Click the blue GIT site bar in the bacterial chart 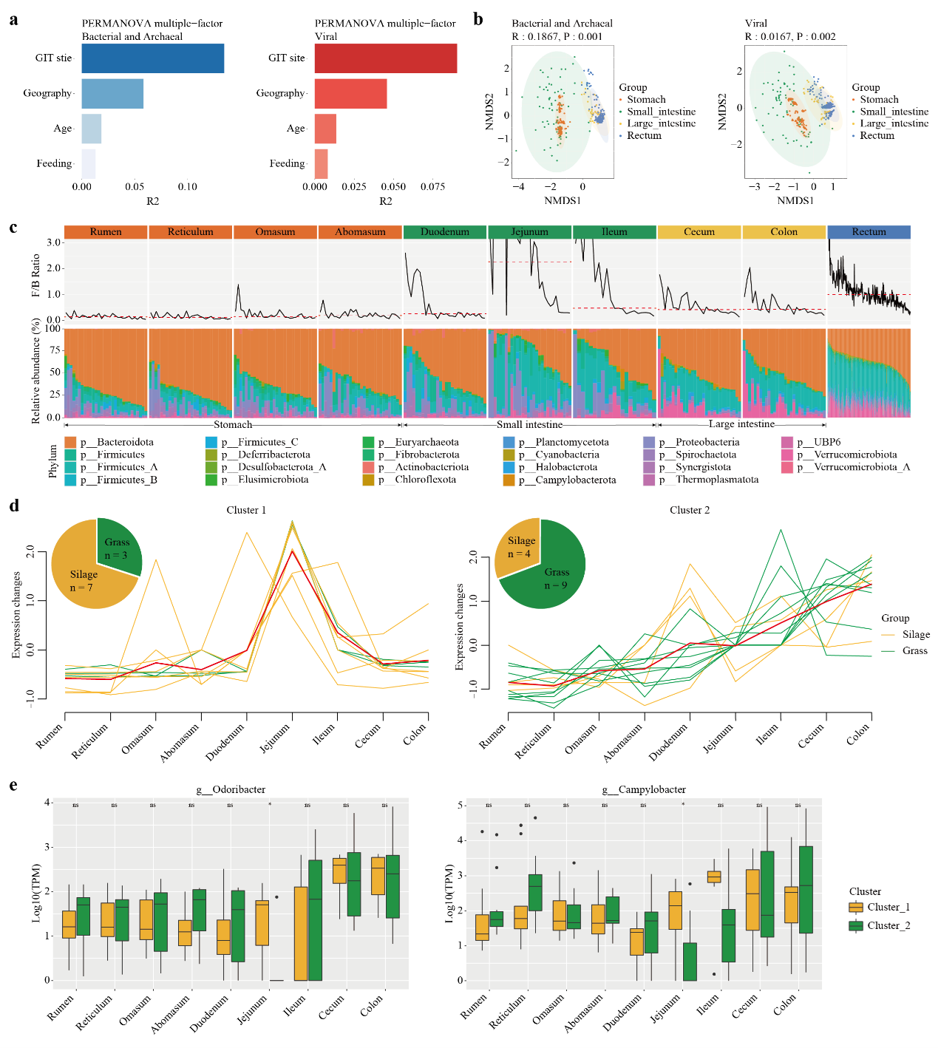[152, 58]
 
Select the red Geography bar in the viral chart [350, 94]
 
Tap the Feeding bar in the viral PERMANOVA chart [321, 163]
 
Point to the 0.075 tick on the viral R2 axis [432, 187]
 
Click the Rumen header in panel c [106, 232]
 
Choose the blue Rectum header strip [869, 232]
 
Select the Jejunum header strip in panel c [529, 232]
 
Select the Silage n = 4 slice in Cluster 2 [520, 547]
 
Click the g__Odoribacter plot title [231, 789]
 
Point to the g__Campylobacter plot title [644, 789]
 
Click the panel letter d [14, 507]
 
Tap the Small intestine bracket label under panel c [529, 425]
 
